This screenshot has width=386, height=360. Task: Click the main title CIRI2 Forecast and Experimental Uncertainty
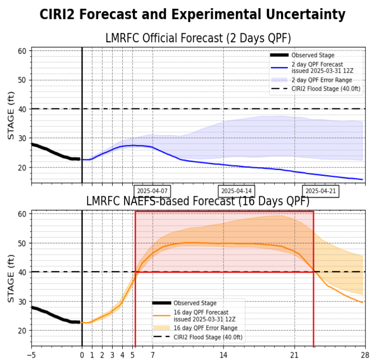click(x=192, y=15)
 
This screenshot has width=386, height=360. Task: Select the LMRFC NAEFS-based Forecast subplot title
click(x=198, y=202)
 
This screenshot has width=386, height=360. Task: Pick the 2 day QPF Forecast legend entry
click(x=317, y=67)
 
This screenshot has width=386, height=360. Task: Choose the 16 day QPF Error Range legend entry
click(x=205, y=328)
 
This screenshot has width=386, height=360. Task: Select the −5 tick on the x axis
click(x=32, y=355)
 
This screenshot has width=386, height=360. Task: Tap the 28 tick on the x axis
click(x=363, y=355)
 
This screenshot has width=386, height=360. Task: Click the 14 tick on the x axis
click(x=223, y=355)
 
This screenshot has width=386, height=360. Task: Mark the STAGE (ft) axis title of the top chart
click(x=11, y=117)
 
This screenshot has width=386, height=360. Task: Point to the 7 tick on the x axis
click(x=152, y=355)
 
